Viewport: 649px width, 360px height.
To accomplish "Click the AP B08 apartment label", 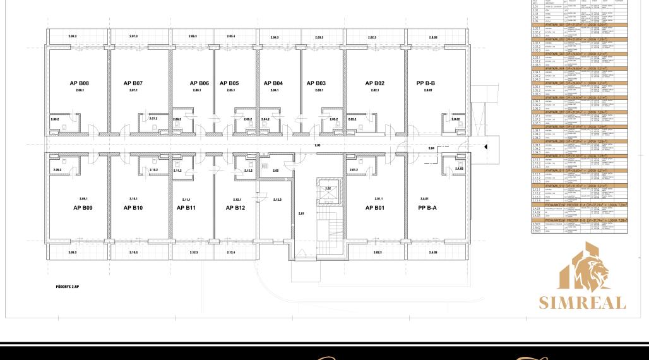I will (79, 83).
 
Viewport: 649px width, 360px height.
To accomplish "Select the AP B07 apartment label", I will (133, 83).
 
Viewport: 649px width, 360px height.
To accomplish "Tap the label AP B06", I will (199, 83).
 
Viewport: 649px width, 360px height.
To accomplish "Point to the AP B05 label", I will (229, 83).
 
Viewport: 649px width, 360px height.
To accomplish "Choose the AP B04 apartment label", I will (273, 83).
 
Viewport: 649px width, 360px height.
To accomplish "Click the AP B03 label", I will (316, 83).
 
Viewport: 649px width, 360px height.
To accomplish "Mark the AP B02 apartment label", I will (374, 83).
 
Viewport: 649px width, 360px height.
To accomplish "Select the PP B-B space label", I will (426, 83).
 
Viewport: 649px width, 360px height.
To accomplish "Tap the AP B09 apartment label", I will (83, 208).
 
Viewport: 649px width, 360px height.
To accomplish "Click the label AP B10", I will (133, 208).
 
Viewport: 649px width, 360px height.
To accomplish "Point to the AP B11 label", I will (186, 208).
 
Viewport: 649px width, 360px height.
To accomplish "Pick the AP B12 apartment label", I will (235, 208).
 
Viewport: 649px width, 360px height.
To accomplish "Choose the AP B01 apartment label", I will (375, 208).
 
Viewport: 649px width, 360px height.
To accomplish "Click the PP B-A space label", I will (427, 208).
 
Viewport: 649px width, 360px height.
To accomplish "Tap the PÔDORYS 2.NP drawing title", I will (67, 287).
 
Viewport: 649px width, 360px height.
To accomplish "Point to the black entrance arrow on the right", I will (485, 147).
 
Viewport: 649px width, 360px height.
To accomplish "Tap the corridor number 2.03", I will (317, 145).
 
